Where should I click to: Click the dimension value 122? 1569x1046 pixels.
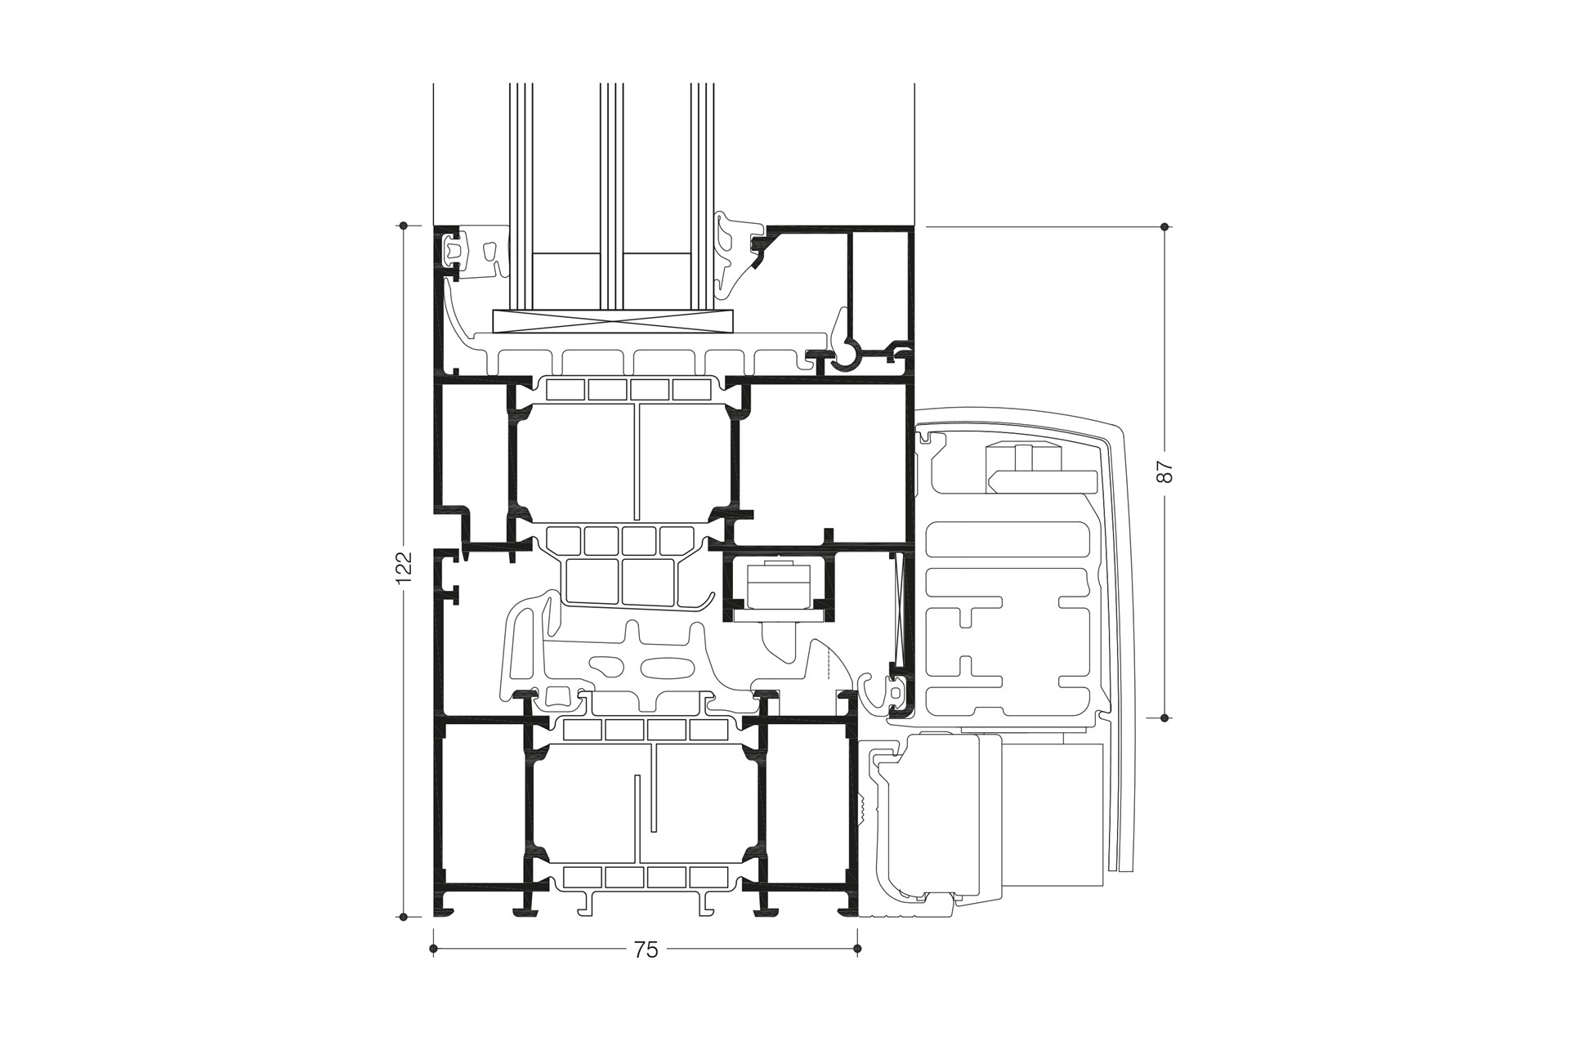pos(403,569)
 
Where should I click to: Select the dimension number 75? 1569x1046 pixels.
pos(646,950)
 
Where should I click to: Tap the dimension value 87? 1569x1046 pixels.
pos(1165,472)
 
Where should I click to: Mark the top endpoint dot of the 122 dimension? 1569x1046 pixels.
pos(403,225)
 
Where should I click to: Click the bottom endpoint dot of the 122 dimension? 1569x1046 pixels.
pos(403,916)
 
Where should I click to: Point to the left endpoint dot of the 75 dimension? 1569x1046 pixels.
pos(433,949)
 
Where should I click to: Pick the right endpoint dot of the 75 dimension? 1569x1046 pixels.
pos(856,949)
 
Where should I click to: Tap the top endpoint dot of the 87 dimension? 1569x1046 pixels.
pos(1165,226)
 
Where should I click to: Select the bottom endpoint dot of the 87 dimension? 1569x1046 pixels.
pos(1165,717)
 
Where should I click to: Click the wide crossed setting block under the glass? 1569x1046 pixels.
pos(615,321)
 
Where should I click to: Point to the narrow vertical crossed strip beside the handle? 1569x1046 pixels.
pos(901,609)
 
